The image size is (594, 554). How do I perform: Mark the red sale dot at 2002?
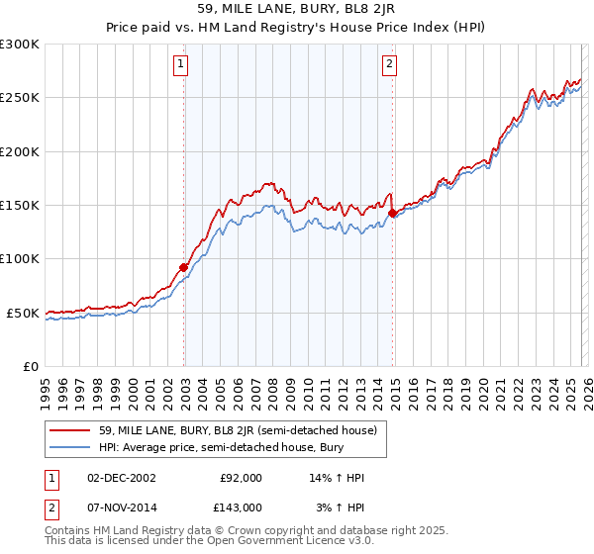(184, 267)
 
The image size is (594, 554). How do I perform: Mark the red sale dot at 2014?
(392, 213)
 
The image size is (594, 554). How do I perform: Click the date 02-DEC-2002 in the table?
(120, 477)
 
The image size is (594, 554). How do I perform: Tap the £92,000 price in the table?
(241, 477)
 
